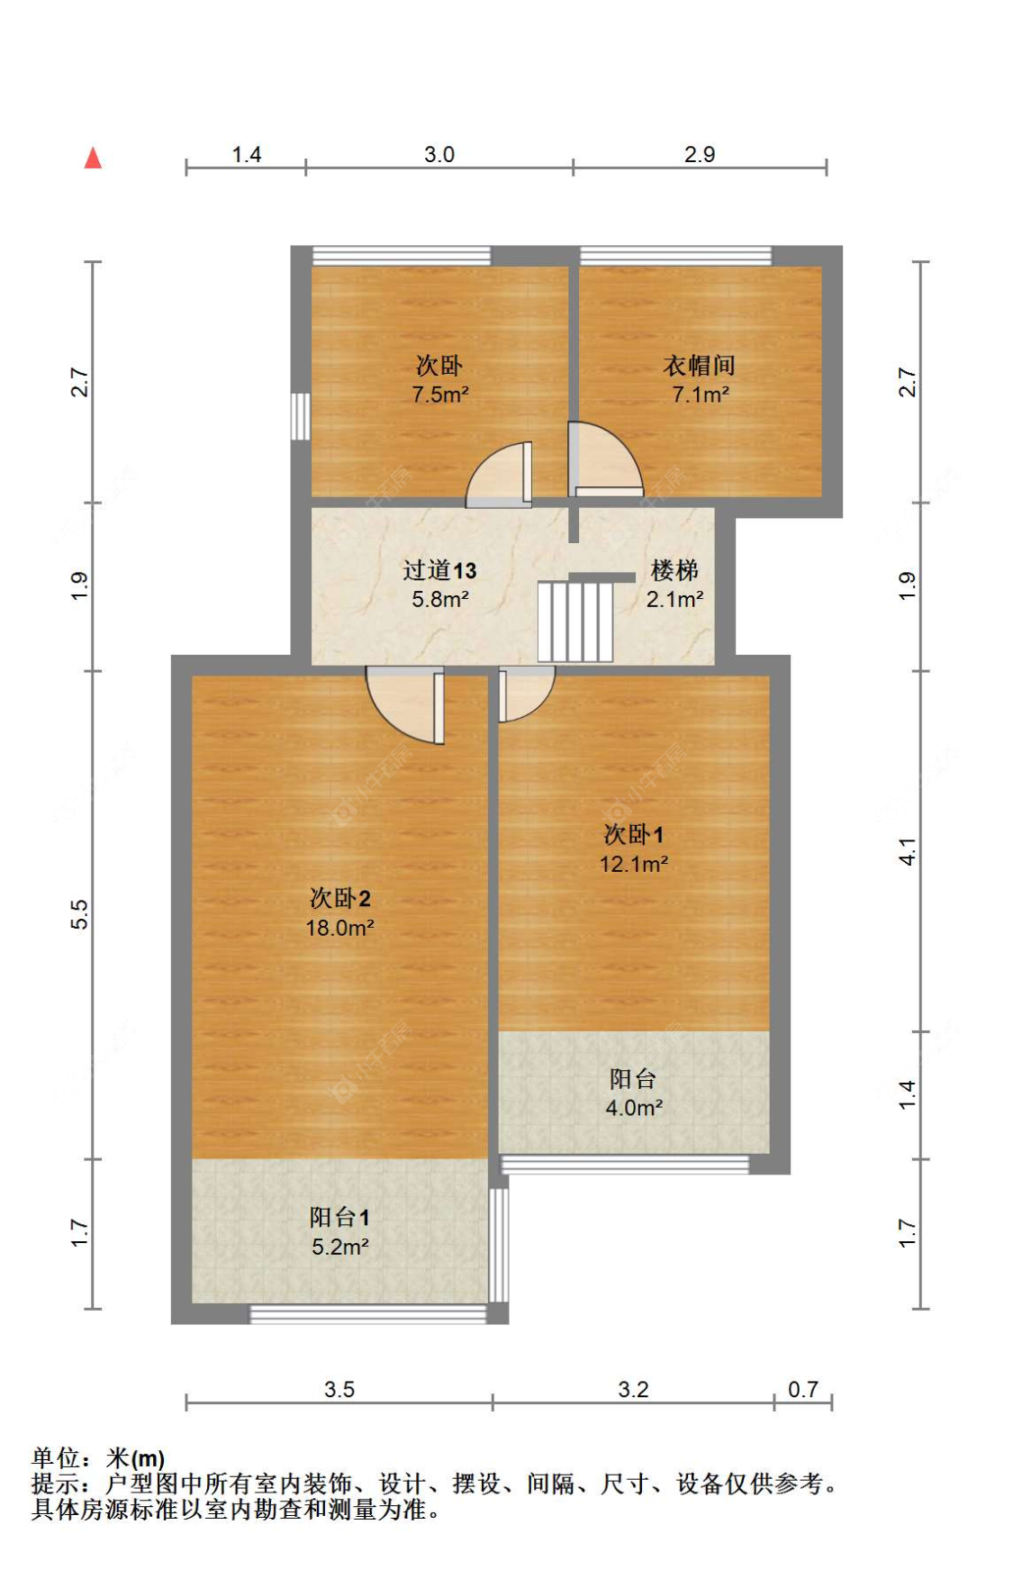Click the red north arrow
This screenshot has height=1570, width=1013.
(93, 159)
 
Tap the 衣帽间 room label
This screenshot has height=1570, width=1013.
(699, 365)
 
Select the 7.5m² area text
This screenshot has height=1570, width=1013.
(439, 395)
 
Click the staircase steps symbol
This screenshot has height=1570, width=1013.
(574, 621)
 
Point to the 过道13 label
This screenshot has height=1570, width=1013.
(439, 570)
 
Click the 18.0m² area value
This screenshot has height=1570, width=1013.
(339, 928)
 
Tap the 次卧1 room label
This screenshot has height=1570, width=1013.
(633, 834)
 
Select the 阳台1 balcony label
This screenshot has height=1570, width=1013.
(339, 1217)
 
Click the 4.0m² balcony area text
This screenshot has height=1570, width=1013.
(634, 1108)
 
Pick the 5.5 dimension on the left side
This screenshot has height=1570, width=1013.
(79, 914)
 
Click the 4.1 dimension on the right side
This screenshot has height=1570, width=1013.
(908, 851)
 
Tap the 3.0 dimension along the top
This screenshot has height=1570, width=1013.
(439, 154)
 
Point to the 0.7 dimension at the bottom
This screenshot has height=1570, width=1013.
(802, 1389)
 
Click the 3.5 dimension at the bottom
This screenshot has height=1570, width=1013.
(339, 1389)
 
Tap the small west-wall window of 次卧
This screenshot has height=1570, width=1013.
(301, 416)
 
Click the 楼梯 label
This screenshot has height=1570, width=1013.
(674, 570)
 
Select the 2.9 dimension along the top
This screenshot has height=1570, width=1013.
(700, 154)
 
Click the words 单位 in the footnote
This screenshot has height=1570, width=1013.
(56, 1457)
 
